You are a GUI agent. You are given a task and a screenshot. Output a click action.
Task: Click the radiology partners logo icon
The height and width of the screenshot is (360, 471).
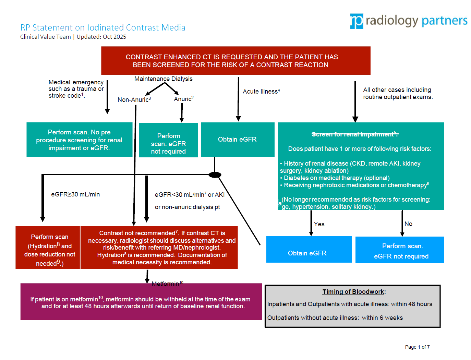click(x=356, y=21)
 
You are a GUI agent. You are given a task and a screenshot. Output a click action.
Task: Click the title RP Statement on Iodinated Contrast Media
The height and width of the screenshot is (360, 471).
click(x=102, y=27)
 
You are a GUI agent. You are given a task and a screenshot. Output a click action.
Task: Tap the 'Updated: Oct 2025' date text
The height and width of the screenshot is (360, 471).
click(x=101, y=37)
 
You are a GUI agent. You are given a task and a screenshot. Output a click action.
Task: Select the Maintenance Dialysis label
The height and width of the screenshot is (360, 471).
click(x=163, y=79)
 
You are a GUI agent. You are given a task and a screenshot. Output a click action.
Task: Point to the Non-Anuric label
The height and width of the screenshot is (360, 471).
click(x=134, y=99)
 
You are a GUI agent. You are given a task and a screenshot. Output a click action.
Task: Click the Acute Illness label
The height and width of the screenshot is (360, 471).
click(x=261, y=92)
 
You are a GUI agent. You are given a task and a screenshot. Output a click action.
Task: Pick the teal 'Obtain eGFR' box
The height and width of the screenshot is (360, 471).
click(x=238, y=140)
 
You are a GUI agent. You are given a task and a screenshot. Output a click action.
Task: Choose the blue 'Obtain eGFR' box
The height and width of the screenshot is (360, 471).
click(x=309, y=250)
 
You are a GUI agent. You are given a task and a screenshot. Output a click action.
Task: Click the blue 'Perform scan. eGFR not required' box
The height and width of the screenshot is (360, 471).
click(x=399, y=250)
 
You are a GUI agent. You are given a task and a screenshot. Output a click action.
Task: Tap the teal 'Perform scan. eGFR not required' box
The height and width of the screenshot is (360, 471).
click(x=168, y=140)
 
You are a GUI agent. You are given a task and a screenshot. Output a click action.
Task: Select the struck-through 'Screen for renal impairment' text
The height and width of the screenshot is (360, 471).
click(x=355, y=134)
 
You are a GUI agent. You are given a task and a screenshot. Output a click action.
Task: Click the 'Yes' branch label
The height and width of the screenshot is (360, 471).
click(x=319, y=224)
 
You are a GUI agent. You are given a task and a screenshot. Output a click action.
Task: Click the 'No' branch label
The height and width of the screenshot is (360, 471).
click(x=408, y=224)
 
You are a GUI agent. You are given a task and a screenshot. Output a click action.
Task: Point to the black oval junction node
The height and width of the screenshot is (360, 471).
click(x=215, y=175)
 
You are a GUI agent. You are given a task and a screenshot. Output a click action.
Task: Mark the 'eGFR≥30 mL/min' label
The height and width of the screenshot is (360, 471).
click(x=75, y=194)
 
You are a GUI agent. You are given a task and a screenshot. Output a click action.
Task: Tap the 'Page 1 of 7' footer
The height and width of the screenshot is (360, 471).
click(x=417, y=347)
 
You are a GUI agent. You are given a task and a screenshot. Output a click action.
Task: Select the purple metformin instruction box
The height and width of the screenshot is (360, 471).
click(x=141, y=302)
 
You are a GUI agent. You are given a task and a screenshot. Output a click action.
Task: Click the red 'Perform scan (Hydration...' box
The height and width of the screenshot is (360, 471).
click(x=48, y=248)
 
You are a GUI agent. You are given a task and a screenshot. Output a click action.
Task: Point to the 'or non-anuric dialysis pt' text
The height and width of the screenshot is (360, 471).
click(x=187, y=207)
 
